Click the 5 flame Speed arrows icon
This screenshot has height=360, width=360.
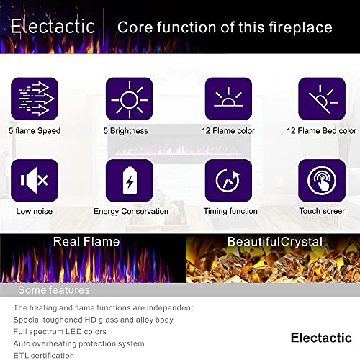pyautogui.click(x=34, y=99)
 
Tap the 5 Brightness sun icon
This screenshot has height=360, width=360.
pyautogui.click(x=130, y=99)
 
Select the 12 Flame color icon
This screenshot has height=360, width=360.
pyautogui.click(x=228, y=99)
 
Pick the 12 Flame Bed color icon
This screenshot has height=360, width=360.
pyautogui.click(x=322, y=99)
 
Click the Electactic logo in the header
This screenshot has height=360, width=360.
pyautogui.click(x=53, y=27)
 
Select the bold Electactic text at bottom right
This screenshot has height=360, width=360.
pyautogui.click(x=321, y=337)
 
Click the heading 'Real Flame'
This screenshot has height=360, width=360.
pyautogui.click(x=86, y=242)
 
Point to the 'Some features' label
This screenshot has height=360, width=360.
pyautogui.click(x=54, y=290)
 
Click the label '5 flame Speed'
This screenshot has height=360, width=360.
pyautogui.click(x=35, y=131)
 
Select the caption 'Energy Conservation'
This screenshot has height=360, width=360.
pyautogui.click(x=130, y=212)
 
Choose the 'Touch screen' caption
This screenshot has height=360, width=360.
pyautogui.click(x=322, y=212)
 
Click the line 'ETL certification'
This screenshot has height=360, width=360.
pyautogui.click(x=43, y=355)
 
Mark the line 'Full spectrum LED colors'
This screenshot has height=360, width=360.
pyautogui.click(x=60, y=331)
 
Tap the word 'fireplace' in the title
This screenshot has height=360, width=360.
pyautogui.click(x=301, y=27)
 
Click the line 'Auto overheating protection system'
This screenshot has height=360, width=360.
pyautogui.click(x=78, y=343)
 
